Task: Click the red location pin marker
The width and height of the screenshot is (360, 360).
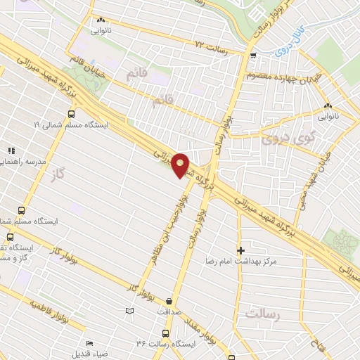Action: click(181, 165)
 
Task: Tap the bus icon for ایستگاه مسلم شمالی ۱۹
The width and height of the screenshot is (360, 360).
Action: click(71, 112)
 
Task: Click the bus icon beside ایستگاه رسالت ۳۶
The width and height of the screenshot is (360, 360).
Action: click(165, 333)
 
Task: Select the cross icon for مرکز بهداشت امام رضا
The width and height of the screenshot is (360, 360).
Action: click(241, 250)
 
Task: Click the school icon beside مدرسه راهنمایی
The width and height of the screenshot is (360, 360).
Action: click(11, 150)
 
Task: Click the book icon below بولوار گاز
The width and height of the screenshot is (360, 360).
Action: click(128, 310)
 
